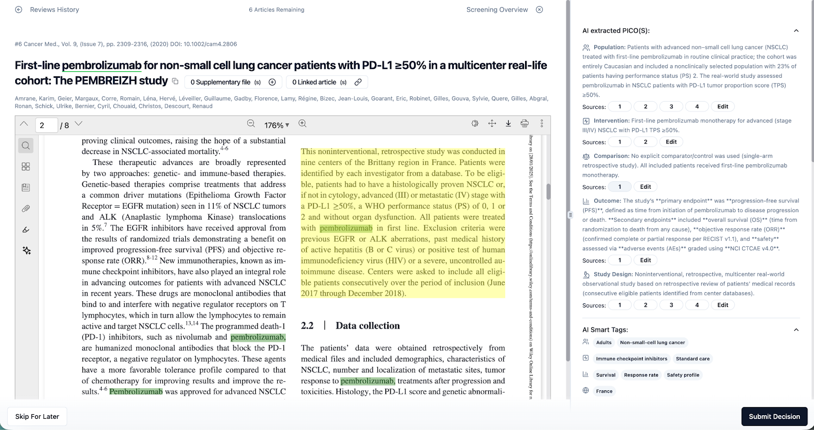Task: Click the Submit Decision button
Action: point(774,416)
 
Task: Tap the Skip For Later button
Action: point(37,416)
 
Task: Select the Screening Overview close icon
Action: point(540,10)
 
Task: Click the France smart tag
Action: point(604,391)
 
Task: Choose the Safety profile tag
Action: point(683,375)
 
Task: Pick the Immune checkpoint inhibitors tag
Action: point(631,359)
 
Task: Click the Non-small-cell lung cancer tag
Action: point(652,342)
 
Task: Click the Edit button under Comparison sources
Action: point(645,187)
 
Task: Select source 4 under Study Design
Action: point(696,305)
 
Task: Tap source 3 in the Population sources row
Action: point(671,107)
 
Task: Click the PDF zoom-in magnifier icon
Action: point(302,124)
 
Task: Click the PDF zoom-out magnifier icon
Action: point(251,124)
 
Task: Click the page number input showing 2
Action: point(46,125)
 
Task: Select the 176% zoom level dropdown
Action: point(276,125)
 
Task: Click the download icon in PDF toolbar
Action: point(508,124)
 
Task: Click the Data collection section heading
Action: point(367,326)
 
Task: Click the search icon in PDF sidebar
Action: point(26,146)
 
